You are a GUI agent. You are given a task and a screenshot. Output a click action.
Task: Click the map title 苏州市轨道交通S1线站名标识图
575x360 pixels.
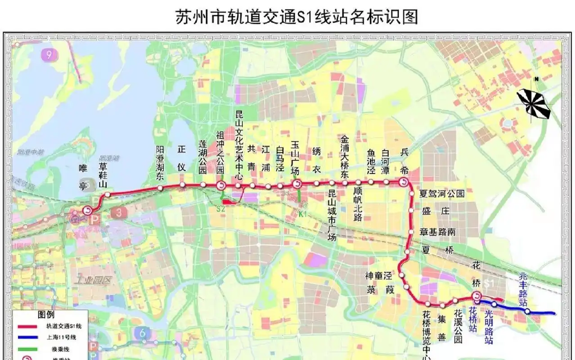296,17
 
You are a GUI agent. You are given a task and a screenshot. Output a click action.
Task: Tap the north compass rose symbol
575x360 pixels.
534,103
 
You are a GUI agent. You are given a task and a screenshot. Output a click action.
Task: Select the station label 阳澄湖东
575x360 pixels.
160,163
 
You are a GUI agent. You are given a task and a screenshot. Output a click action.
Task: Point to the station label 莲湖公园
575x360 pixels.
203,157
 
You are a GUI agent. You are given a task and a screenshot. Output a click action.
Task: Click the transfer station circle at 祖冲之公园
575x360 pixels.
221,185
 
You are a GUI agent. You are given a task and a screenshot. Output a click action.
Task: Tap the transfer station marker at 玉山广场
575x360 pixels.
297,184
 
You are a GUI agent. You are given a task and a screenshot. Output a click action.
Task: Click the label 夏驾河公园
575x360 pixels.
441,194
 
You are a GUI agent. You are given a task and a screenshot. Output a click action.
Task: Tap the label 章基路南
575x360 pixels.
437,232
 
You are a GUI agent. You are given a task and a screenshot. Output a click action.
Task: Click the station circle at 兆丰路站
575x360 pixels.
527,311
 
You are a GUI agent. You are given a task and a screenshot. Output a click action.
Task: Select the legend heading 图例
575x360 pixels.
46,315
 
